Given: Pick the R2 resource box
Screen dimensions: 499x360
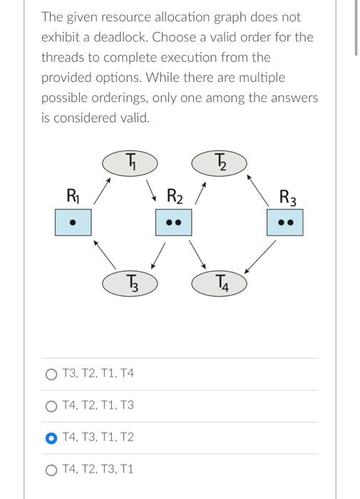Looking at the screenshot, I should tap(173, 222).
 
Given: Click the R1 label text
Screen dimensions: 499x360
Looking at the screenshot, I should tap(72, 194).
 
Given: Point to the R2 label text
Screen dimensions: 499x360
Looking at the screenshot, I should tap(175, 195).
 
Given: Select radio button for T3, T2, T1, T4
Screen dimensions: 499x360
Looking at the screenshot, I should tap(51, 374).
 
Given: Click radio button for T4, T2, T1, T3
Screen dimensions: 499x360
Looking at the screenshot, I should tap(51, 406).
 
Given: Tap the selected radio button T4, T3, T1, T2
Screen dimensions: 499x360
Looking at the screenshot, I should tap(51, 438).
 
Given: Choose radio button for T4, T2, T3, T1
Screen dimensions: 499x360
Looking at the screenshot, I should tap(51, 470).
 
